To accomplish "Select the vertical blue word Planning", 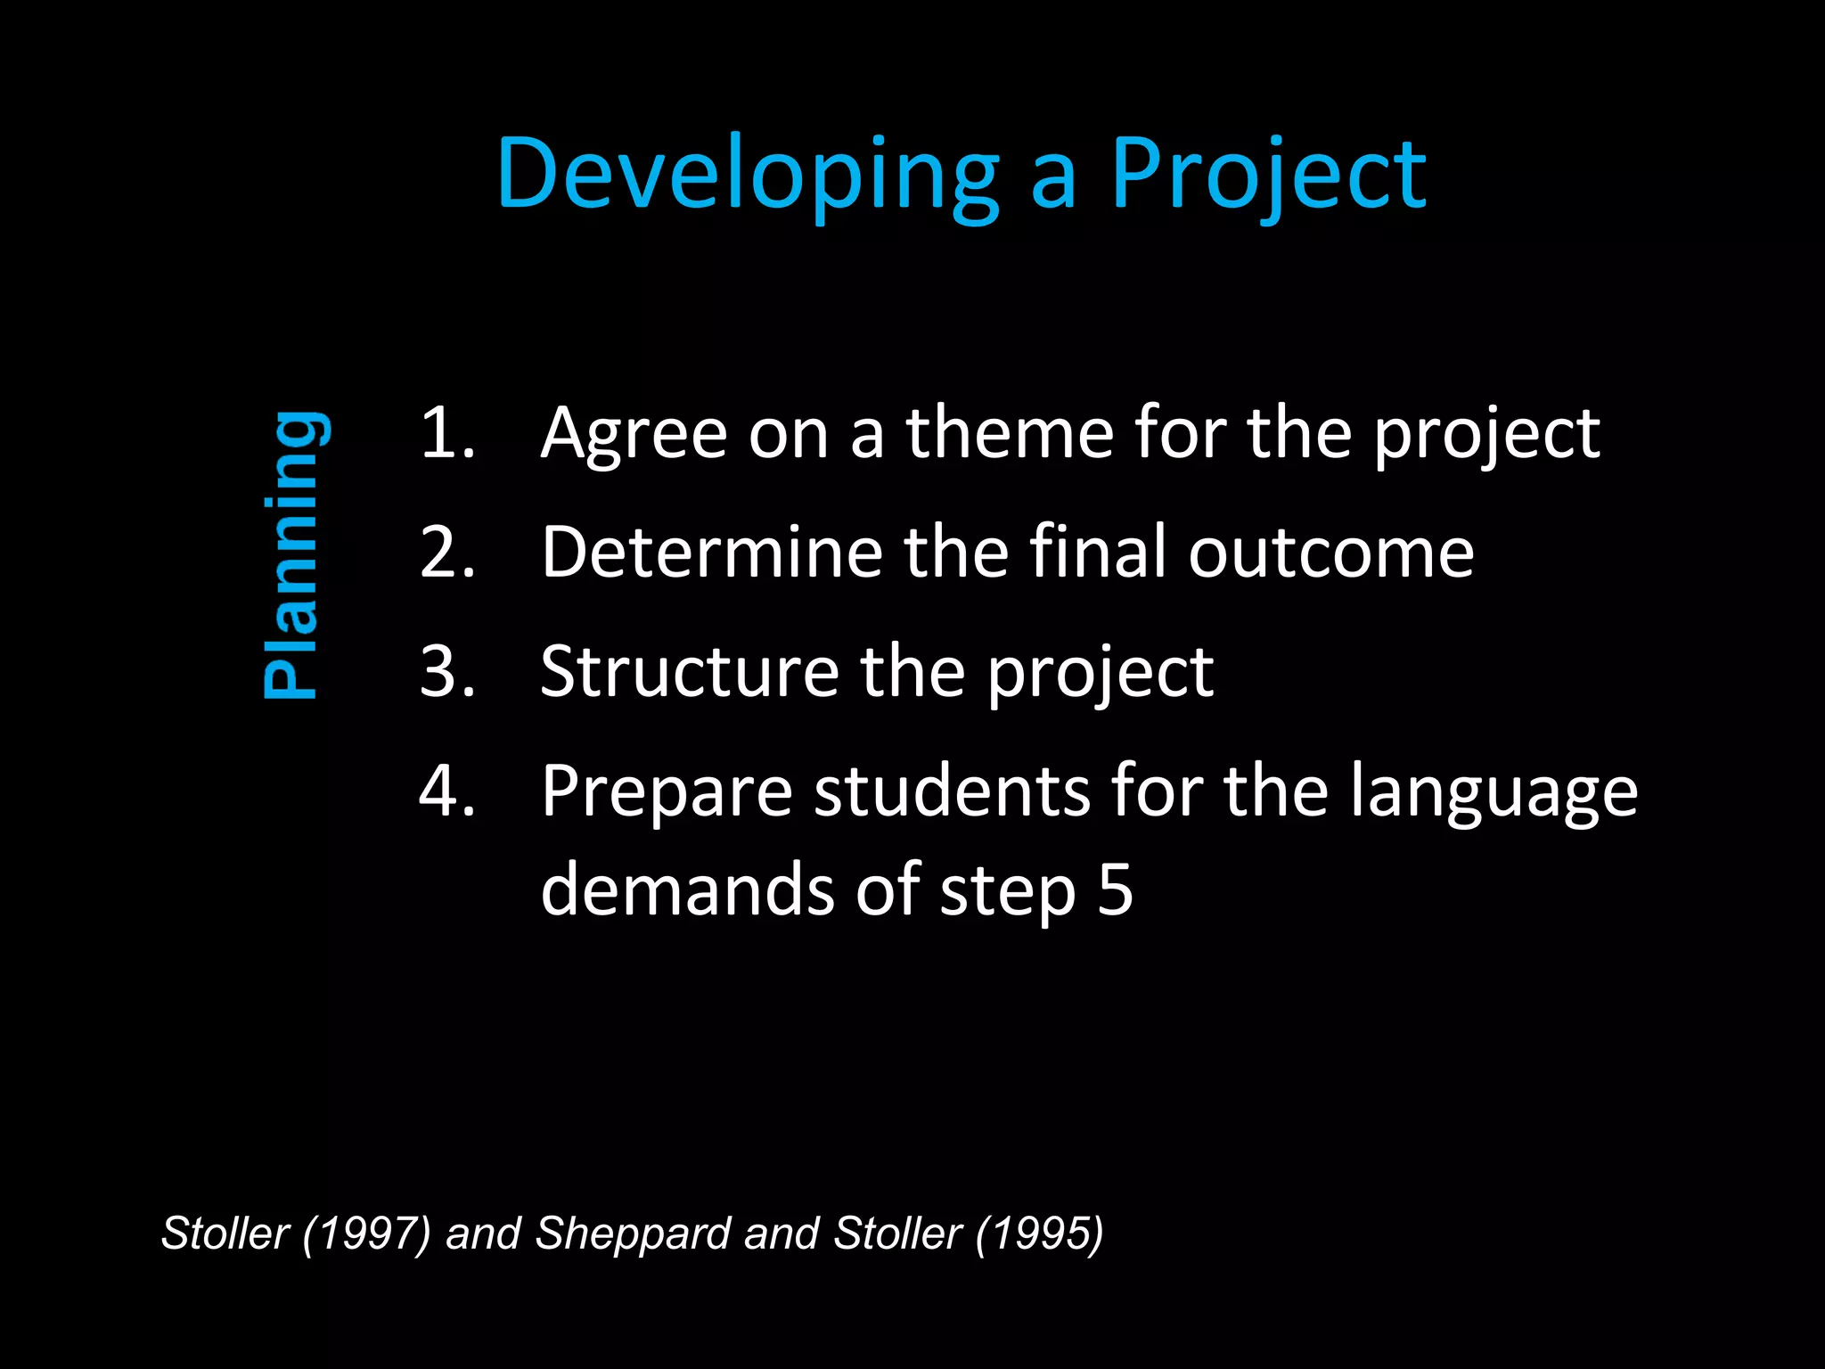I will tap(292, 553).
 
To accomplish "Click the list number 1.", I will tap(446, 433).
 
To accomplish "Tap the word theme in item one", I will tap(1010, 433).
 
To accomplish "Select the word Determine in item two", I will tap(711, 553).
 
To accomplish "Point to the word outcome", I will tap(1331, 553).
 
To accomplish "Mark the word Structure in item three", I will tap(689, 671).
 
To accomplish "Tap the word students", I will tap(952, 791).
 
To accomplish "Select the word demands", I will tap(687, 889).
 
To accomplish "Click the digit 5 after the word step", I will tap(1115, 889).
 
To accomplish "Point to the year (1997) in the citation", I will tap(366, 1234).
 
